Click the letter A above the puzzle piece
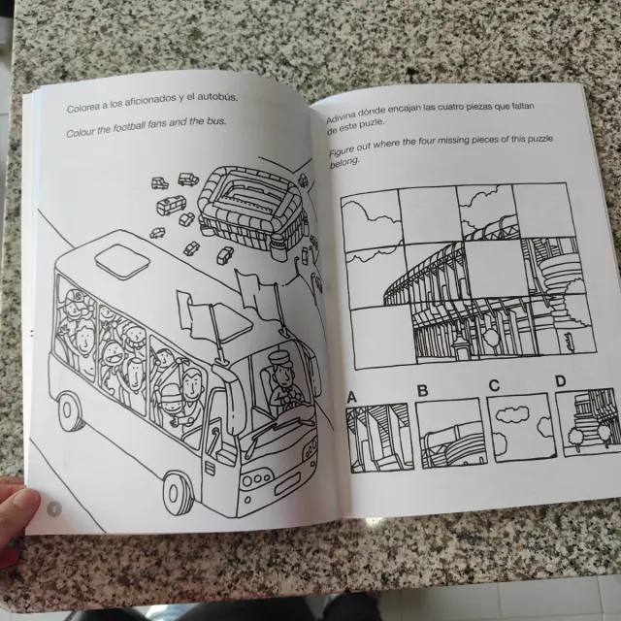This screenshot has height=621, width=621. point(351,397)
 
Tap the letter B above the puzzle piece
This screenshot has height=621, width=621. point(423,391)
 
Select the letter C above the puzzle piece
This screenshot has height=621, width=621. point(494,385)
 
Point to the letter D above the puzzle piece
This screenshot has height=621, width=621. point(561,381)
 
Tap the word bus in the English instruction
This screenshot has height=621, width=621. point(216,121)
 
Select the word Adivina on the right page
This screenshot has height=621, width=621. point(341,114)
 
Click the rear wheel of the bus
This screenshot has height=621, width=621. point(70,411)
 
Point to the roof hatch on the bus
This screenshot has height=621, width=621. point(122,257)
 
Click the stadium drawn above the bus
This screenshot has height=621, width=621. point(252,208)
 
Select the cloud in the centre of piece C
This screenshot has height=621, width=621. point(512,414)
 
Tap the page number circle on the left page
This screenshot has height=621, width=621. point(54,508)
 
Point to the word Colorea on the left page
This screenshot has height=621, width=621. point(82,107)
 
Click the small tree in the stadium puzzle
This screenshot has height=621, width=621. point(491,339)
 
